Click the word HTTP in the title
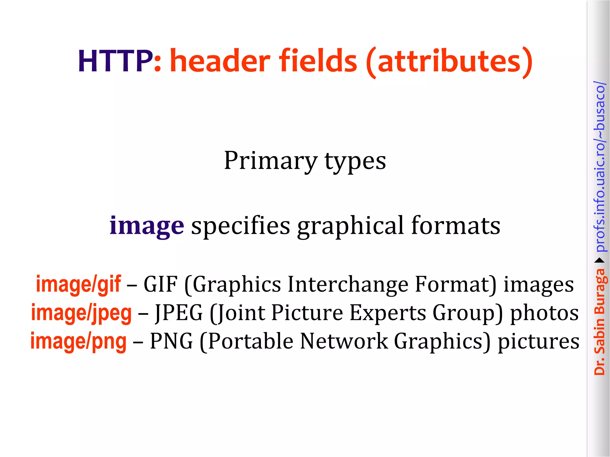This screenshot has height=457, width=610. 116,61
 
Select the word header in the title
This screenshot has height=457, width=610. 220,61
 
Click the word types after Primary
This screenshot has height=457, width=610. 355,161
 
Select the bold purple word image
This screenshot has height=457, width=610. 147,226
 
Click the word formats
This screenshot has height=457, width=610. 456,226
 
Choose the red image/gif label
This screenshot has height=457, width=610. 78,284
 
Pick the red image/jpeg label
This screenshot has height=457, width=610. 81,313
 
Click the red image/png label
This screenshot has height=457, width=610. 78,341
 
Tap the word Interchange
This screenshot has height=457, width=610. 348,284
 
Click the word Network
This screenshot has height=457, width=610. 344,341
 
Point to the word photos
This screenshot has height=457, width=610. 544,313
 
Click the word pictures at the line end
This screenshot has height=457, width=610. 539,341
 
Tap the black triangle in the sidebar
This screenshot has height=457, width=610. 599,261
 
